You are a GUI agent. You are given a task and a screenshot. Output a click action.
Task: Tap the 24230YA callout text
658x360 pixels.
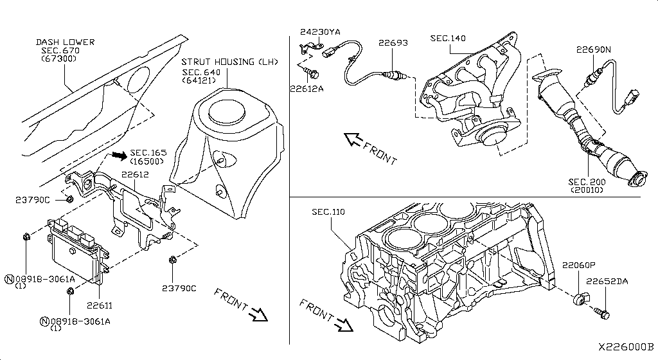click(x=321, y=32)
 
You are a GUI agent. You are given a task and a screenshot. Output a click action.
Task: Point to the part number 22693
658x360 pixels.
click(x=393, y=43)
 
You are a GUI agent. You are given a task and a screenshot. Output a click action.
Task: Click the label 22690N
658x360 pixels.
click(x=593, y=50)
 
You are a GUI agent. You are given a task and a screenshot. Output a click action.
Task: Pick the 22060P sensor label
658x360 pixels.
click(x=580, y=265)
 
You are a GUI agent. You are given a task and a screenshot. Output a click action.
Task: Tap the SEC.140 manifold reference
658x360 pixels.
click(x=448, y=39)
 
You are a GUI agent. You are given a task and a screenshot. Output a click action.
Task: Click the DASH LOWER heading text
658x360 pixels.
click(x=65, y=42)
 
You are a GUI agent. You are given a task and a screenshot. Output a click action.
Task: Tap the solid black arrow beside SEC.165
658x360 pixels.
click(x=118, y=155)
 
